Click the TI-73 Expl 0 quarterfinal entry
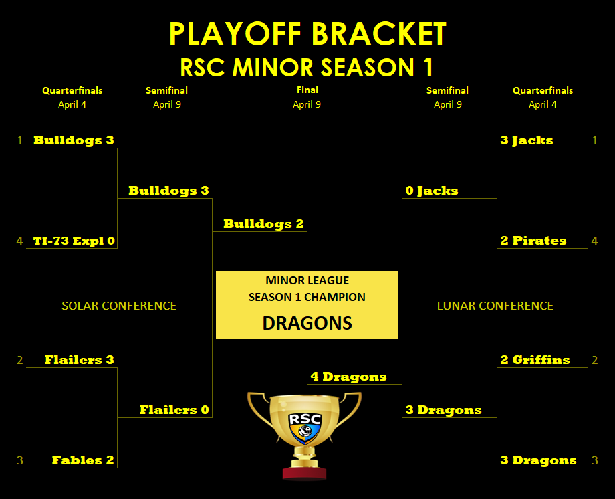point(74,241)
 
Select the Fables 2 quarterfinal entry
point(83,460)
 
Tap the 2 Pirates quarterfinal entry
point(533,241)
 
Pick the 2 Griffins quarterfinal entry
point(535,360)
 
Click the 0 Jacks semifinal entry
point(432,191)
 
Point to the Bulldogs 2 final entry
point(263,224)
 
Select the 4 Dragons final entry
point(349,377)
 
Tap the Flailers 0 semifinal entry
point(174,410)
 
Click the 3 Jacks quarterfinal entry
point(527,140)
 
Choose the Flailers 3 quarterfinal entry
point(80,360)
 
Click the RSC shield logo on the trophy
point(305,428)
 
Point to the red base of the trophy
point(304,473)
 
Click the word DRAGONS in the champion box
point(307,323)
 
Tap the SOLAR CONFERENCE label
point(119,306)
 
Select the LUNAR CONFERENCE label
point(495,306)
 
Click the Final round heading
point(307,90)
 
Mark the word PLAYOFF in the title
point(235,33)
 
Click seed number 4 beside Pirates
point(594,241)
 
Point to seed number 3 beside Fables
point(19,460)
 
